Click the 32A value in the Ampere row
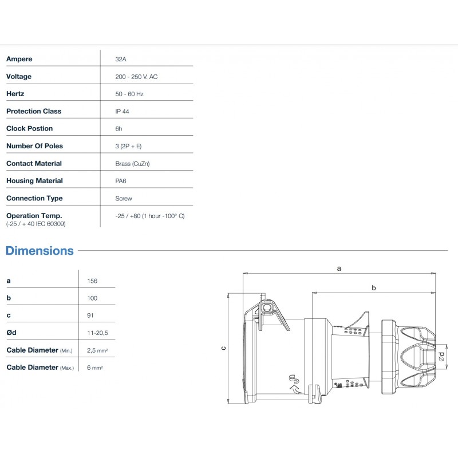(121, 59)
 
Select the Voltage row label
(19, 76)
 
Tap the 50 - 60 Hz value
(129, 94)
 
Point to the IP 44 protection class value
(122, 111)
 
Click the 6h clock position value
(119, 129)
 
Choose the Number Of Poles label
(34, 146)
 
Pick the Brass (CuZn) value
(132, 163)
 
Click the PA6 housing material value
(121, 181)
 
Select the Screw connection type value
(124, 198)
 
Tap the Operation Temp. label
(34, 215)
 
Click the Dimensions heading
(40, 251)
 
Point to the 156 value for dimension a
(92, 281)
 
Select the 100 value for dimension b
(92, 298)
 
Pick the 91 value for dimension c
(90, 315)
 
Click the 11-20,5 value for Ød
(97, 333)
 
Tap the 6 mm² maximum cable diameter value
(94, 368)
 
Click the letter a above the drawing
(339, 268)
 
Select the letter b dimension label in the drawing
(373, 287)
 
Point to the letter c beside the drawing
(224, 348)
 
